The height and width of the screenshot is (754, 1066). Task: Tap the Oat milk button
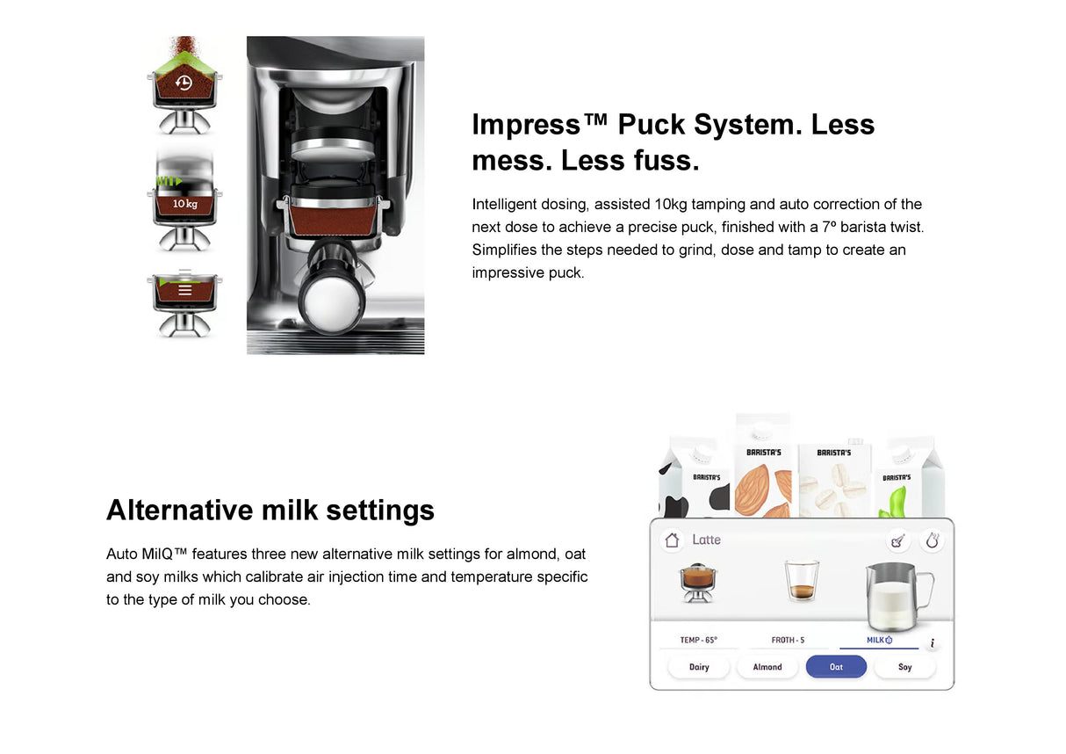tap(836, 667)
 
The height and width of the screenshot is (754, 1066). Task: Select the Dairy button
tap(699, 667)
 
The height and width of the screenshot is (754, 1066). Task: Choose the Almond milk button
tap(767, 667)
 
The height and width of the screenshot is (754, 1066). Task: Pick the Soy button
tap(904, 667)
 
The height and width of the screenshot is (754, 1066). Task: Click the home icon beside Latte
tap(672, 540)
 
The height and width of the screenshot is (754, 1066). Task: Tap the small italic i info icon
tap(932, 643)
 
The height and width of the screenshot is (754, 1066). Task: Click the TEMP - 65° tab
tap(698, 640)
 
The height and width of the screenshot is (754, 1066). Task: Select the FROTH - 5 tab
tap(788, 640)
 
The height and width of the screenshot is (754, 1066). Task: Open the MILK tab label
tap(877, 640)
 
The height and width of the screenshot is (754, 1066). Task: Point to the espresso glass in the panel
tap(801, 582)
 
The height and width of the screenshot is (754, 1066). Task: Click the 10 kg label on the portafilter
tap(184, 204)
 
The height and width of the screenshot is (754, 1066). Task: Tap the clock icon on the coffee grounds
tap(184, 83)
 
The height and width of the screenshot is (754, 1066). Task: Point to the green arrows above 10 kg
tap(168, 181)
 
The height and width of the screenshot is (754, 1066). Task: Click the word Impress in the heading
tap(526, 125)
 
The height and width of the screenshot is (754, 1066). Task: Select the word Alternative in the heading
tap(180, 510)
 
